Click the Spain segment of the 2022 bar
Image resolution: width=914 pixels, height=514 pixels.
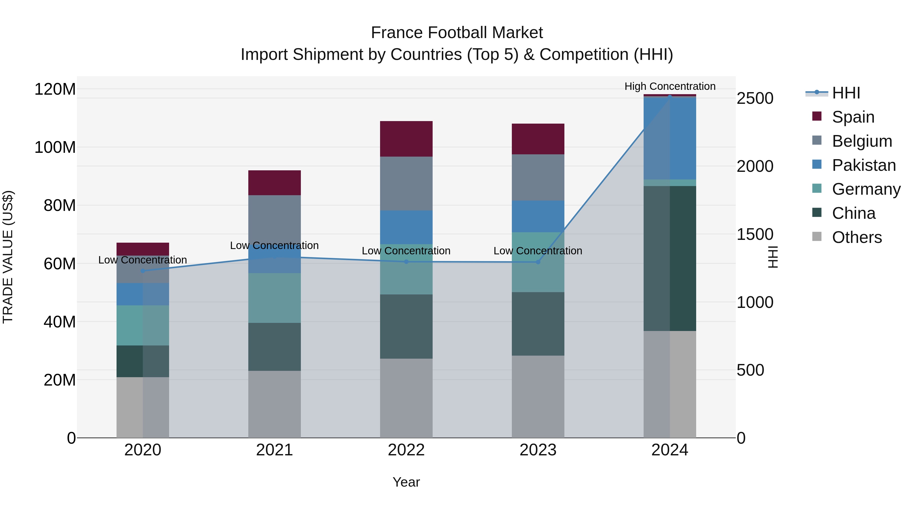(x=406, y=139)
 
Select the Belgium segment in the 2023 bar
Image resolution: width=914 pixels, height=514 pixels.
(x=538, y=177)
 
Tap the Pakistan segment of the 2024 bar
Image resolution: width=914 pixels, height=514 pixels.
(x=670, y=138)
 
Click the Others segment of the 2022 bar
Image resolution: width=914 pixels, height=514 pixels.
(x=406, y=398)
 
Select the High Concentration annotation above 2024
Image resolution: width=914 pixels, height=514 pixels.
(x=670, y=86)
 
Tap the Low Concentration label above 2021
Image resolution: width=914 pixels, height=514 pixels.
(x=274, y=245)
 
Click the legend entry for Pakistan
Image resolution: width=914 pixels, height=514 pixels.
(x=864, y=165)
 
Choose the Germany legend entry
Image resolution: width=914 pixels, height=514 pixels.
(x=866, y=189)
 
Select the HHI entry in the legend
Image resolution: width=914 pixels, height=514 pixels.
(x=846, y=93)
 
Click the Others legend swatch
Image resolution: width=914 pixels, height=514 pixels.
(x=817, y=237)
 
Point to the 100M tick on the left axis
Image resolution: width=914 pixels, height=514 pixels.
(x=55, y=147)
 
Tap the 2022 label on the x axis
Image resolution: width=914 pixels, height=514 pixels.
(x=406, y=450)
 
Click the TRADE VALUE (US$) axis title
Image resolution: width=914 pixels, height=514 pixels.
(x=8, y=257)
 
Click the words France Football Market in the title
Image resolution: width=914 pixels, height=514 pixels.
(x=457, y=33)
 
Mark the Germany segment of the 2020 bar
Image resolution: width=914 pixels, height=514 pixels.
(x=143, y=325)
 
